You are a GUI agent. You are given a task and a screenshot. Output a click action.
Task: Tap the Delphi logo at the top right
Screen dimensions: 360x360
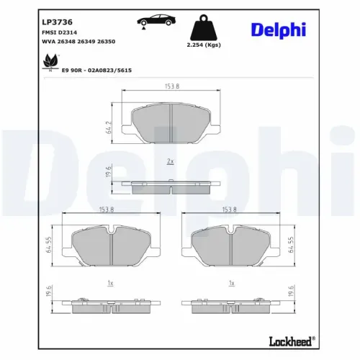coord(278,29)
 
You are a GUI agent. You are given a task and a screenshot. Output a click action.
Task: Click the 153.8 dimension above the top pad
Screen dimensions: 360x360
coord(171,86)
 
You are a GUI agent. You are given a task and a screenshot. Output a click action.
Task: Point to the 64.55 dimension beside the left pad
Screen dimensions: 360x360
coord(50,247)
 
